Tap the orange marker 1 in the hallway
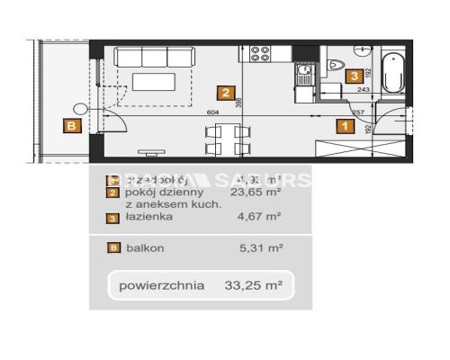click(344, 126)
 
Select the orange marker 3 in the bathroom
click(355, 76)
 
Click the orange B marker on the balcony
click(69, 126)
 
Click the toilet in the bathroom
click(335, 64)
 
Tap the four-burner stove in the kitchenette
click(260, 53)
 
